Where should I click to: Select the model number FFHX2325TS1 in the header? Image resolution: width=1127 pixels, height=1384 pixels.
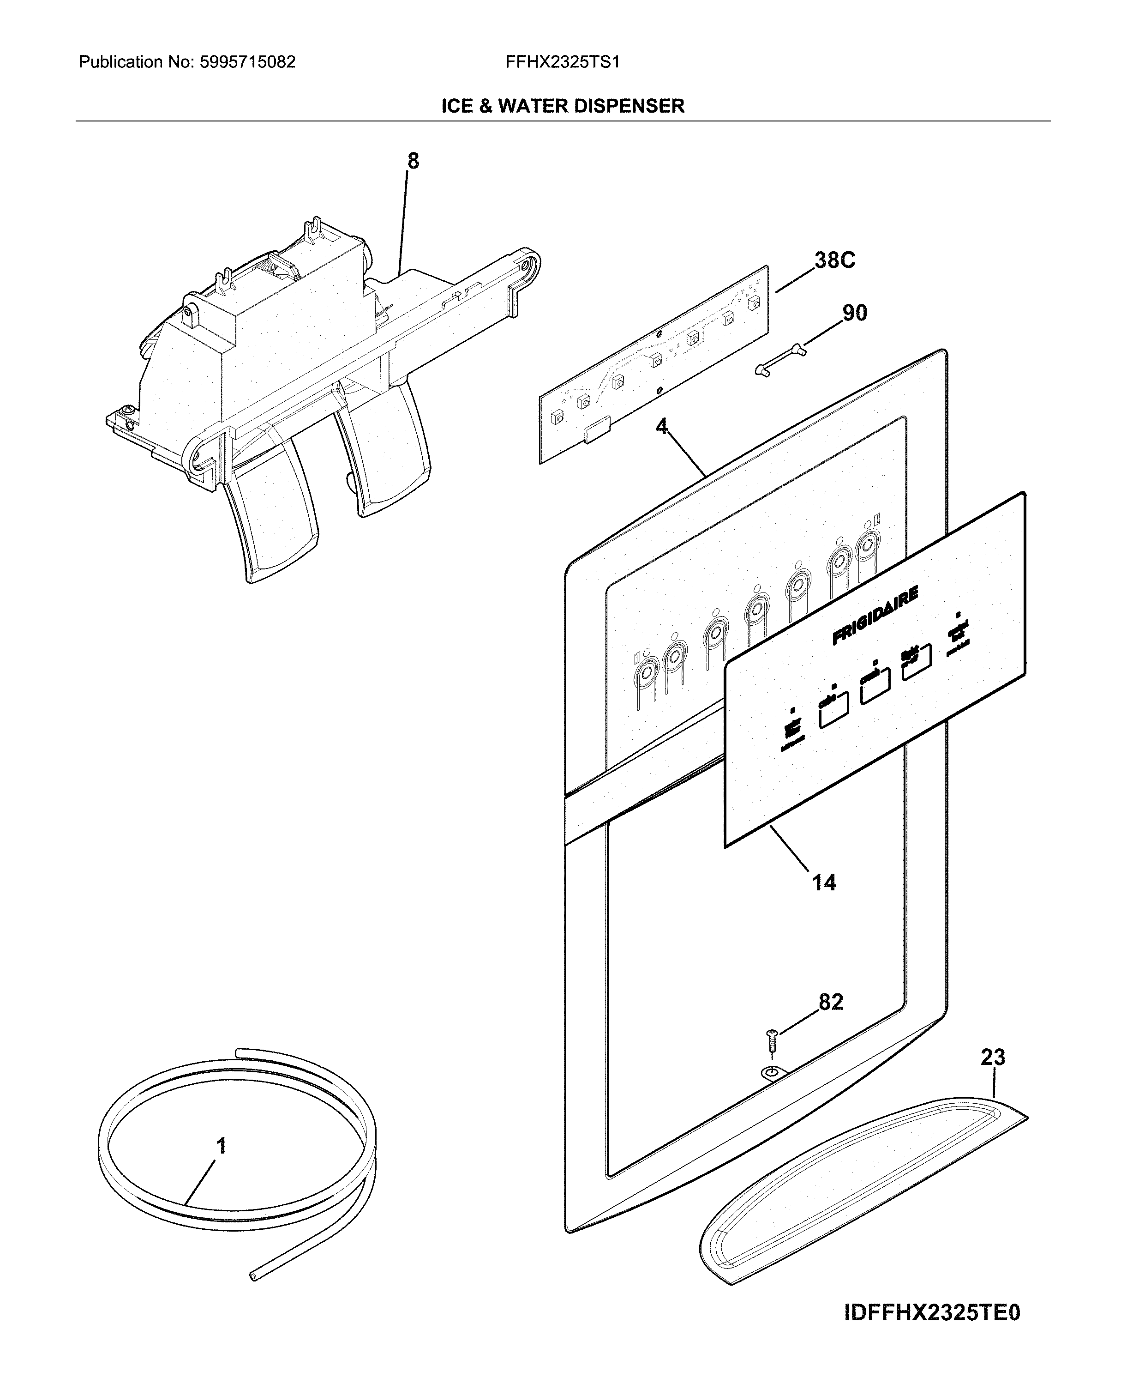coord(562,62)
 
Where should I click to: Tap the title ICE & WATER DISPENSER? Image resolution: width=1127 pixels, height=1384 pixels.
coord(563,106)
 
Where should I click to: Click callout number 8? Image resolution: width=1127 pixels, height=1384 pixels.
coord(413,161)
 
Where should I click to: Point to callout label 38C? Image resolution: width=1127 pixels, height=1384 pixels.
coord(835,260)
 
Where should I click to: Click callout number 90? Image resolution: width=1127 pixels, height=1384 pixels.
coord(854,313)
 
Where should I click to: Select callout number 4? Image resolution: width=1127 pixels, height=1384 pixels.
coord(661,427)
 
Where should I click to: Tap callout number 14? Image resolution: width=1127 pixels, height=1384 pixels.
coord(824,882)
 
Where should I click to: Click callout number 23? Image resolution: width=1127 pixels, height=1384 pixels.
coord(993,1058)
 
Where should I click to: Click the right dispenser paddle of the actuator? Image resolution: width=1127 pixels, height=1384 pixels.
coord(383,448)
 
